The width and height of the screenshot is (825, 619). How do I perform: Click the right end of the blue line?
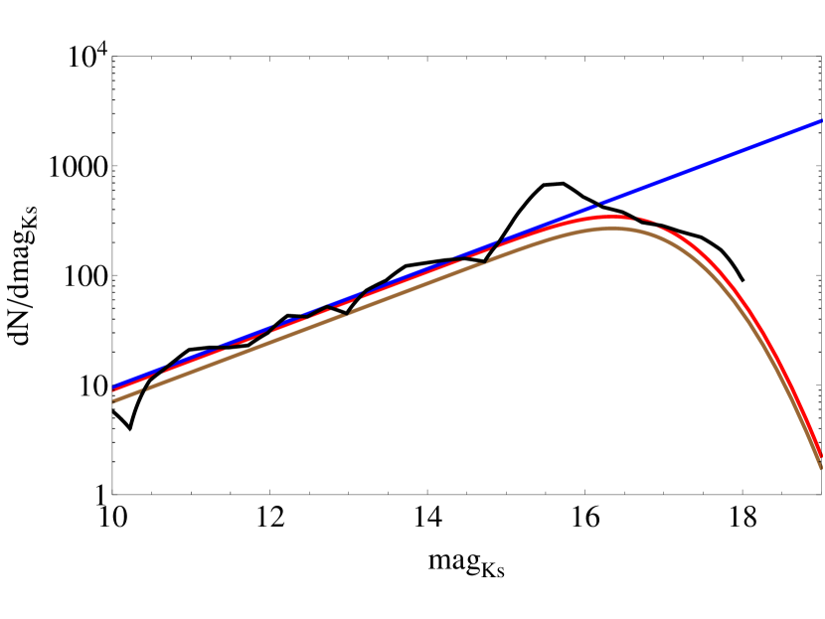click(x=821, y=121)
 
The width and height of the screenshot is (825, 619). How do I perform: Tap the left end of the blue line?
click(x=114, y=386)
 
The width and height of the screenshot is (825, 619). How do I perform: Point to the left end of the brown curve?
click(x=114, y=400)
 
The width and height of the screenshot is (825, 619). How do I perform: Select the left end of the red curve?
click(x=114, y=390)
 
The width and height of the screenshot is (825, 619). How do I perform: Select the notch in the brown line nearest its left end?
click(x=147, y=388)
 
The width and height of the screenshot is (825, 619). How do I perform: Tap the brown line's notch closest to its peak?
click(x=487, y=259)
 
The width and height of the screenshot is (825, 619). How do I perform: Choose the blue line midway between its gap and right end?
click(x=710, y=163)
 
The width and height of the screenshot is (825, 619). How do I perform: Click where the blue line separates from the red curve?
click(x=557, y=222)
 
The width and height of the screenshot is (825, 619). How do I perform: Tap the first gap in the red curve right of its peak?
click(x=633, y=217)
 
